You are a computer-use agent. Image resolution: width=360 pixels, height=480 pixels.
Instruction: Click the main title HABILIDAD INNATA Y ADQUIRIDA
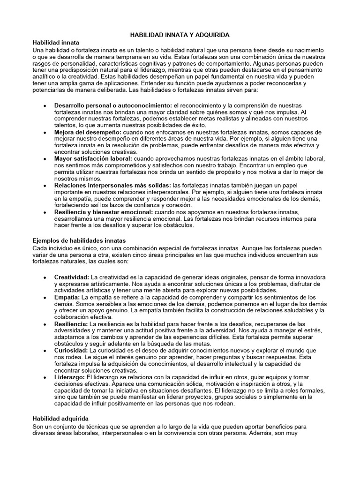point(180,35)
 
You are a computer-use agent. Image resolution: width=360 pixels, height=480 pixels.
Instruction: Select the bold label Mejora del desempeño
point(88,132)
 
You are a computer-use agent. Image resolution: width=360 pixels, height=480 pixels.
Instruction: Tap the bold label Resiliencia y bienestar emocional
point(104,212)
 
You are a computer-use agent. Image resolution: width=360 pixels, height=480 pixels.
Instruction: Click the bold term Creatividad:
point(72,277)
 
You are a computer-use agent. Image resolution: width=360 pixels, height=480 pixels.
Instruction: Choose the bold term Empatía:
point(67,297)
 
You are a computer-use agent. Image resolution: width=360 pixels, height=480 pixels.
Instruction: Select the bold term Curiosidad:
point(71,350)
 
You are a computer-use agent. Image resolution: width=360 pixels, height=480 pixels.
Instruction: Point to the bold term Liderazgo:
point(69,377)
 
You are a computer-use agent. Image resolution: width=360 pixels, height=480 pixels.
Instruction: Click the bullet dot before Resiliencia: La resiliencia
point(44,324)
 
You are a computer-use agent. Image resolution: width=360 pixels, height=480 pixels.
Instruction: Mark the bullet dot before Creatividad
point(44,277)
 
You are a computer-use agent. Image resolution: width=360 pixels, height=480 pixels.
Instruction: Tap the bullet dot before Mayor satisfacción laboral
point(44,159)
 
